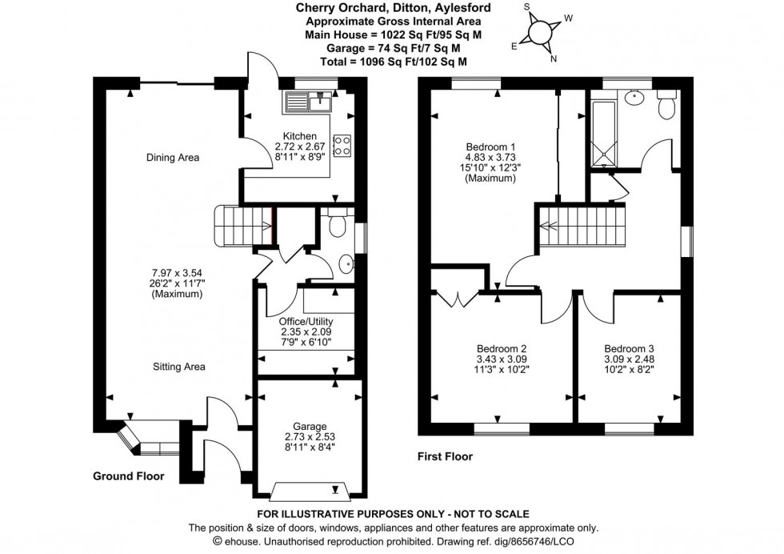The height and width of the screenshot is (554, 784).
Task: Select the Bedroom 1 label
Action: tap(490, 147)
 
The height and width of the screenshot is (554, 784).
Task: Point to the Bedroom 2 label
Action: tap(502, 348)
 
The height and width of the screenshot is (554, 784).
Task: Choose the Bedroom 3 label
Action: tap(629, 348)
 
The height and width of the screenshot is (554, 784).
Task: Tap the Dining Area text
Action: tap(173, 158)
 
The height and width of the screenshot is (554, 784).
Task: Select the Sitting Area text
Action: tap(180, 367)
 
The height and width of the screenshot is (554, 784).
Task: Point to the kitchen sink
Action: tap(308, 102)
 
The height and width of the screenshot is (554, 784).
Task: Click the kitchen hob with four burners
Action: tap(342, 144)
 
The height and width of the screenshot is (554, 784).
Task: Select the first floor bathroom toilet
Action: tap(666, 107)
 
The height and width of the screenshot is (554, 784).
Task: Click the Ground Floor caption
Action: tap(129, 476)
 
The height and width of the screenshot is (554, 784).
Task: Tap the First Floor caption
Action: tap(445, 457)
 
